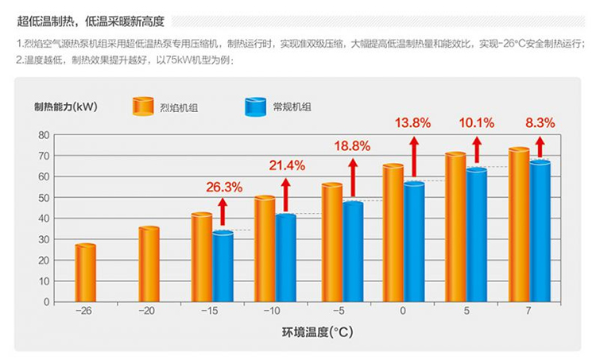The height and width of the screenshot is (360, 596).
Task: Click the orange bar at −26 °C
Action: (85, 273)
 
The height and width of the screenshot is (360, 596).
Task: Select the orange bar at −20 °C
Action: (149, 265)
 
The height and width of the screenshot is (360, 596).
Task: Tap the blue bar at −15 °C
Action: (223, 266)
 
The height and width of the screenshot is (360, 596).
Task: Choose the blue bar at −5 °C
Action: (353, 252)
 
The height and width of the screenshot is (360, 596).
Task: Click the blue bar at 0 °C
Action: (414, 242)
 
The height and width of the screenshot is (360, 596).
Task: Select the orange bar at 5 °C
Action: (455, 227)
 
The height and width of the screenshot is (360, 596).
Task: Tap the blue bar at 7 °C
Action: (540, 231)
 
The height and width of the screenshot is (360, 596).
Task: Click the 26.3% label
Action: (223, 188)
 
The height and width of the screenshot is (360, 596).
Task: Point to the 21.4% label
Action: (286, 165)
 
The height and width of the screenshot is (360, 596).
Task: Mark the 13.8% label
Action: (412, 123)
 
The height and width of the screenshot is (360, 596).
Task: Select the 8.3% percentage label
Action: (540, 123)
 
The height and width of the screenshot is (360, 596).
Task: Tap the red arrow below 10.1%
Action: (477, 149)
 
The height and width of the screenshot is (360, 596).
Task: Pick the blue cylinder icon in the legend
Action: (256, 106)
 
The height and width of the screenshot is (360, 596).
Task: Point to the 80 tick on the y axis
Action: (43, 135)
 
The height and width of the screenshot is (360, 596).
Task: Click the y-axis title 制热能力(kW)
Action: (65, 106)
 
